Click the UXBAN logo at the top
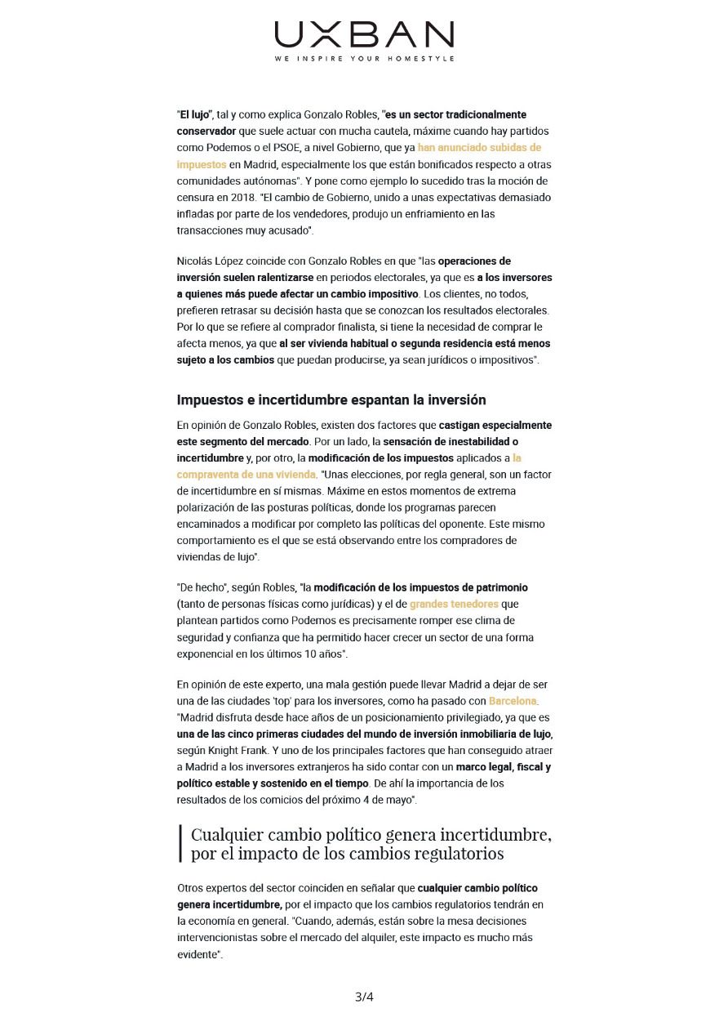click(x=364, y=35)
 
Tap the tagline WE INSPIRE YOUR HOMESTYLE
click(x=364, y=59)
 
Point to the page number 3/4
click(x=364, y=997)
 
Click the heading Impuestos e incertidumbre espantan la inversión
click(x=331, y=399)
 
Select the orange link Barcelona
click(x=513, y=701)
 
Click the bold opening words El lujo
click(x=195, y=114)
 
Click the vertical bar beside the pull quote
click(x=180, y=844)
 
